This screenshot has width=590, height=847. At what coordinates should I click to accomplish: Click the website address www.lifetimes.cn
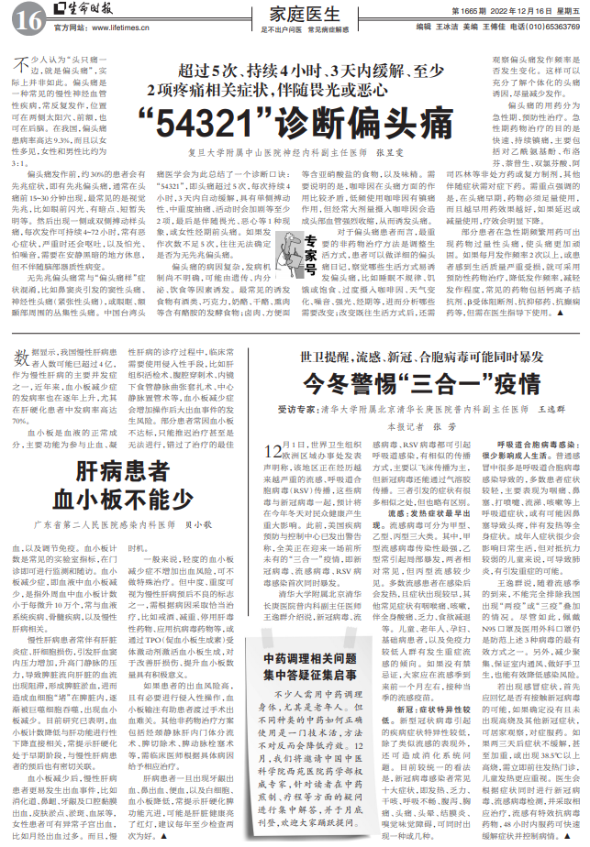[106, 29]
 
